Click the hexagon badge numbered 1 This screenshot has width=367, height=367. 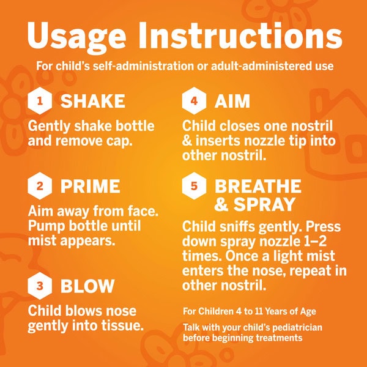40,101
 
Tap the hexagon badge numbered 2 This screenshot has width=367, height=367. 40,186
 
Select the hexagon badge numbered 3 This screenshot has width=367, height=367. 40,286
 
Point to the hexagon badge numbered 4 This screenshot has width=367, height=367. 194,101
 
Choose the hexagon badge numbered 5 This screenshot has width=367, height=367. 194,186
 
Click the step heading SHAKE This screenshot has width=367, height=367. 93,101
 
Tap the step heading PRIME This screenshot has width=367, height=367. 91,187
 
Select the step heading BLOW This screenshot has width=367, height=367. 87,286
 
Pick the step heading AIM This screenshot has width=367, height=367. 232,101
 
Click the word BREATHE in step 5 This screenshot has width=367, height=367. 258,187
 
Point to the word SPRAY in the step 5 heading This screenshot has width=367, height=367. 264,204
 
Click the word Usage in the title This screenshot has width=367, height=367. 77,37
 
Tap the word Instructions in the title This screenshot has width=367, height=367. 240,35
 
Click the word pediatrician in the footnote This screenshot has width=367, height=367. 297,328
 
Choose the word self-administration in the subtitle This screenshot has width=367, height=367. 143,66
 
